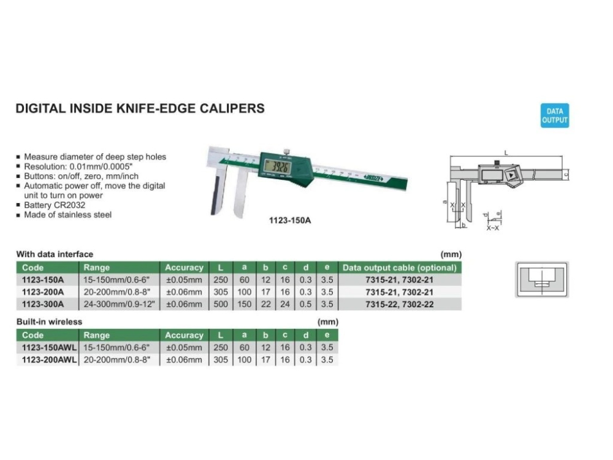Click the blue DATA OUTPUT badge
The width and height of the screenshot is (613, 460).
click(x=555, y=116)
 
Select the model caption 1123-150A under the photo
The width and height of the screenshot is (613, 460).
click(x=290, y=220)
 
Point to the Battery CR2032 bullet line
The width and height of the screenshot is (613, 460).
click(x=55, y=205)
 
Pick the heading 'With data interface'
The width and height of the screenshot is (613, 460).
click(x=55, y=254)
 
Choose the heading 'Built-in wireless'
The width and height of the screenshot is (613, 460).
click(x=49, y=321)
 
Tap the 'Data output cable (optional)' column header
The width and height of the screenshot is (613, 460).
click(x=400, y=267)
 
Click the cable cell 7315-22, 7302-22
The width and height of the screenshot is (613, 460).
click(x=400, y=304)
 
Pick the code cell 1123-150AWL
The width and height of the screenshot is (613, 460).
click(x=48, y=348)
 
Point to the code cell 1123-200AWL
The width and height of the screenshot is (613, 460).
click(x=48, y=360)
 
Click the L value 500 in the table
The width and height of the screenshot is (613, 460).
click(x=221, y=304)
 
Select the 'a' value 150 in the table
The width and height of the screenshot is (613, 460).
click(x=245, y=304)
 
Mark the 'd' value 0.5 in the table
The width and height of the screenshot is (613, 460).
click(x=305, y=304)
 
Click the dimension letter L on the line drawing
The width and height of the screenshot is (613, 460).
click(x=506, y=151)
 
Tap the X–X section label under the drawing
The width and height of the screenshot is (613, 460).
click(x=493, y=228)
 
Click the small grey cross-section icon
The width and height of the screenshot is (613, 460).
click(x=541, y=279)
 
